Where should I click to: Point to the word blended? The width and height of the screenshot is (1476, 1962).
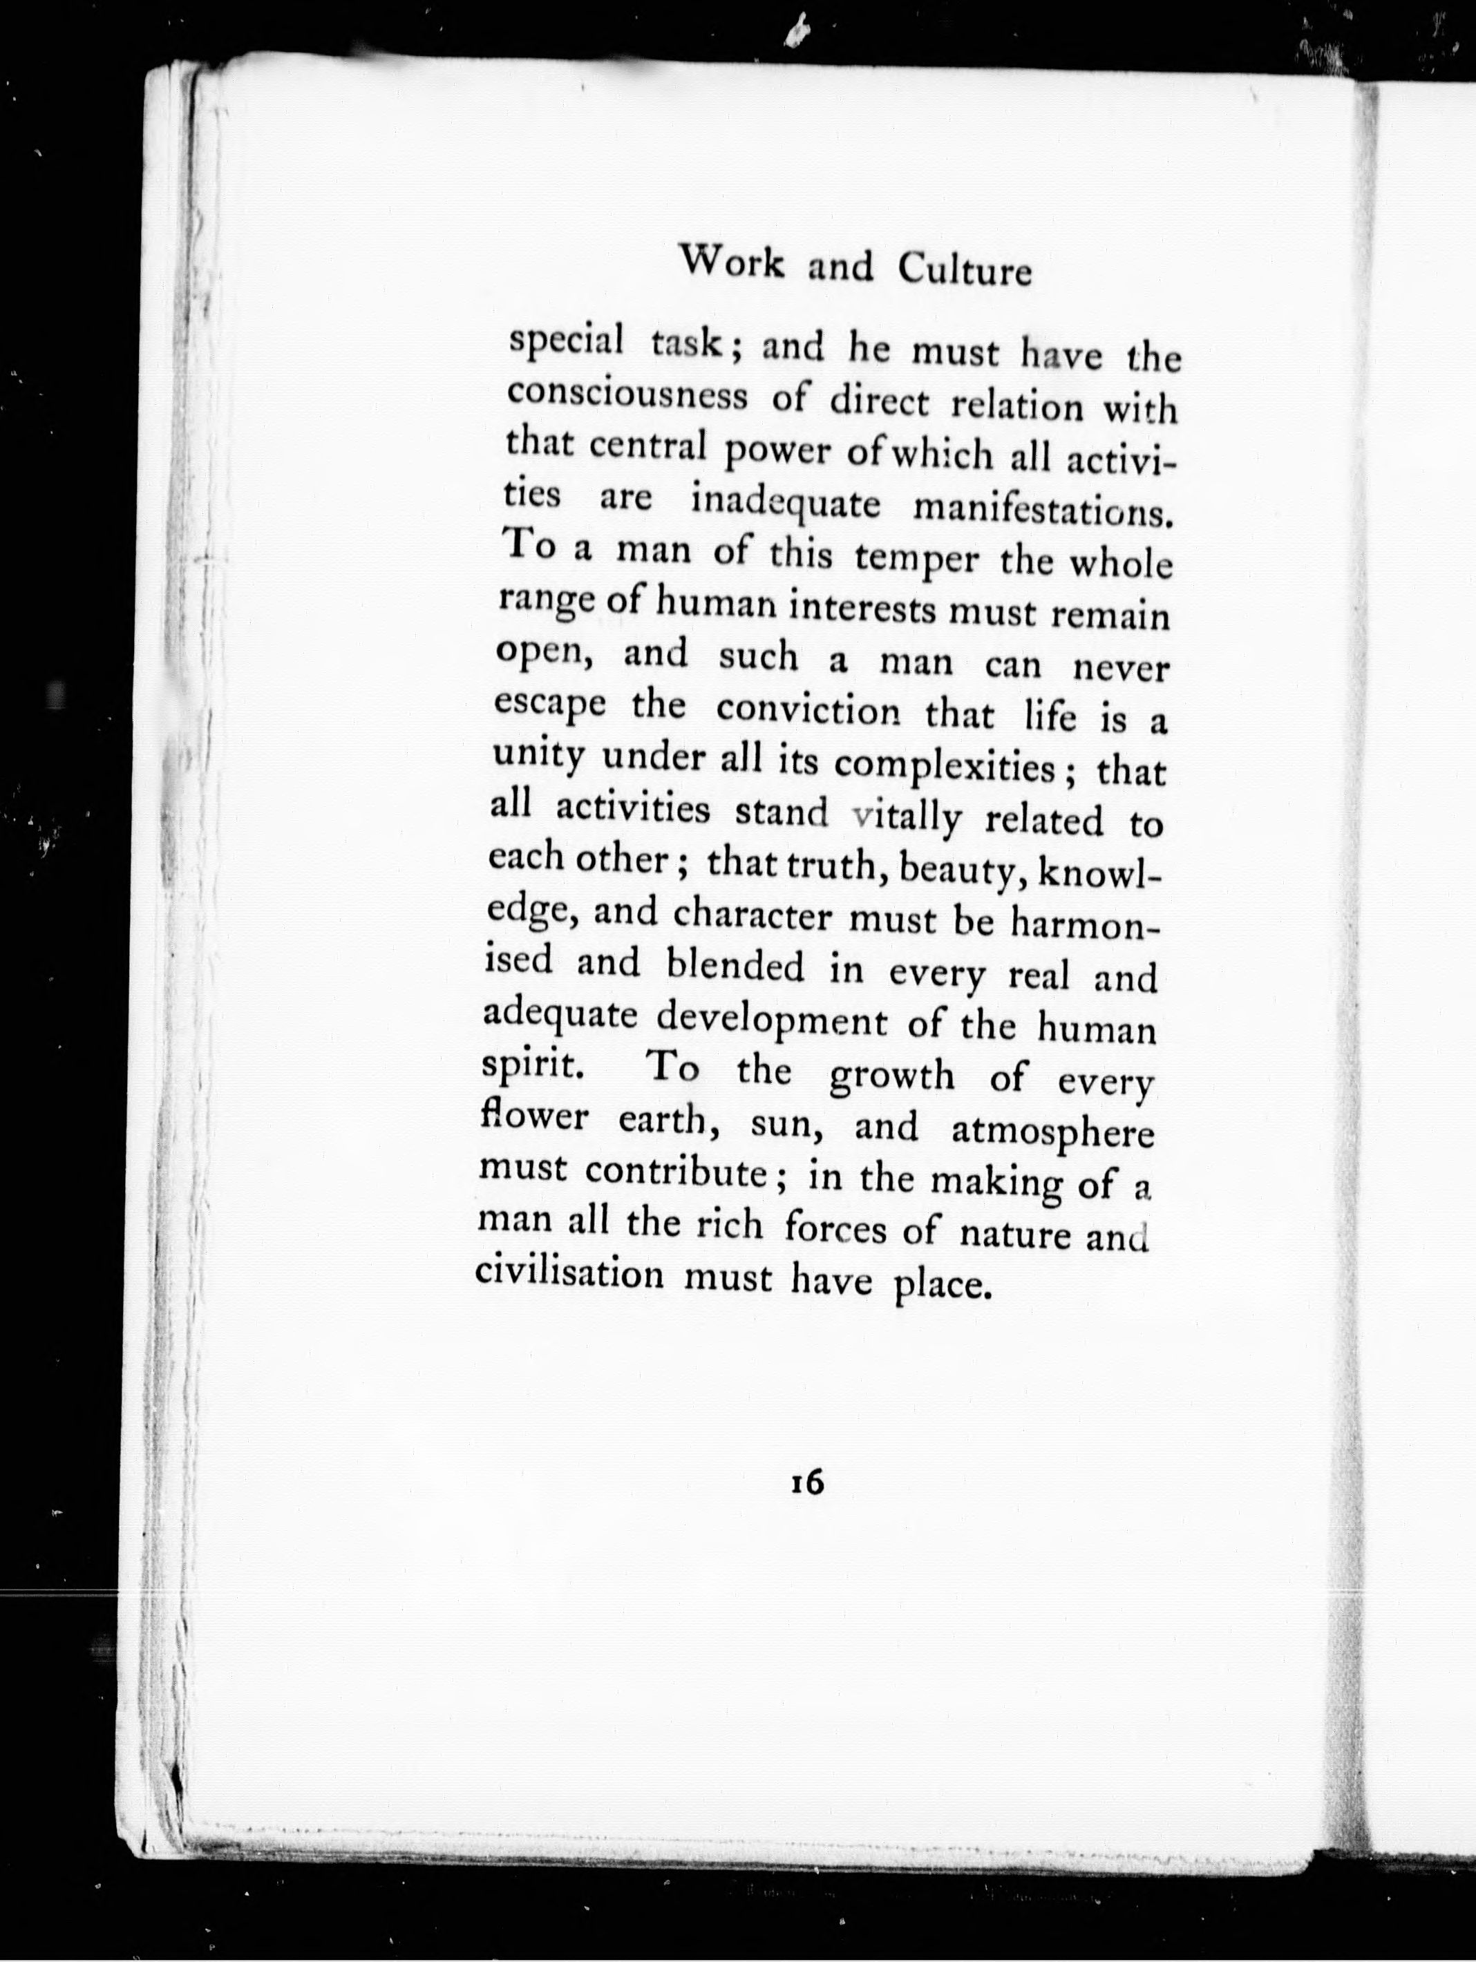(735, 968)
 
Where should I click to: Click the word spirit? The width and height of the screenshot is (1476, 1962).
(529, 1067)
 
